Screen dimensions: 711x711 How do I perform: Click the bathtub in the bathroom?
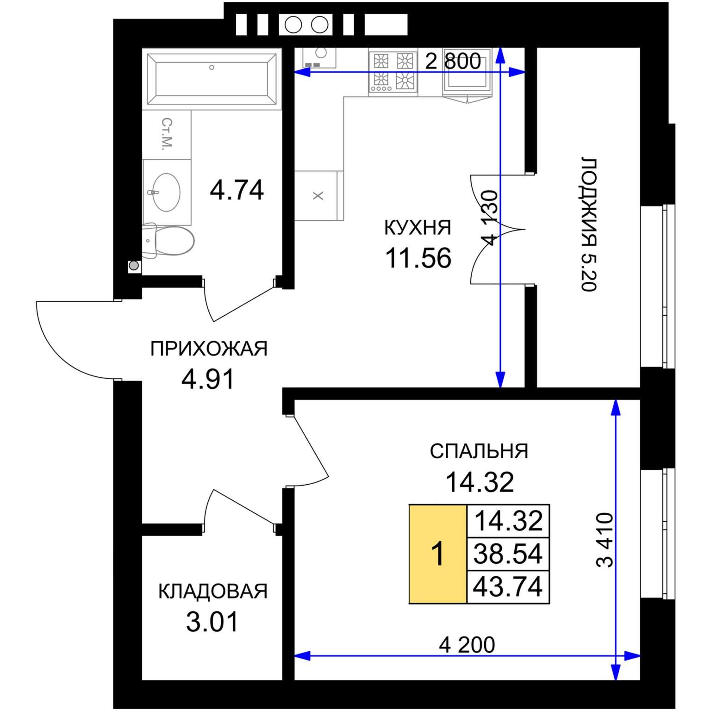coord(212,79)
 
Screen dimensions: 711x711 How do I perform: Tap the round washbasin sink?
coord(166,192)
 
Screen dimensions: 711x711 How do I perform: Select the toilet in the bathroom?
coord(168,240)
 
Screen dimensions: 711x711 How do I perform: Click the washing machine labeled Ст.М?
coord(167,134)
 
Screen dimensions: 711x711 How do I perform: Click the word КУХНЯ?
coord(418,228)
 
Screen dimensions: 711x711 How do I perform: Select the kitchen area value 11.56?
coord(418,258)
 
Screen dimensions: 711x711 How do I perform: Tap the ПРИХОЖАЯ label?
coord(209,349)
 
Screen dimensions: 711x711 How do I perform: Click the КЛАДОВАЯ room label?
coord(213,591)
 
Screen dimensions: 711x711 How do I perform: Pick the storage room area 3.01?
coord(212,622)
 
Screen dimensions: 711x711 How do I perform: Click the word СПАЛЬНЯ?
coord(479,451)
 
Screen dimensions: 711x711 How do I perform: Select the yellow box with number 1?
coord(438,554)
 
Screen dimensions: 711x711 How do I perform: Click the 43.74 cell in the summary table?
coord(508,587)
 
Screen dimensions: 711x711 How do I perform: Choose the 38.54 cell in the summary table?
coord(508,554)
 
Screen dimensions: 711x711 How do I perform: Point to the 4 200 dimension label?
coord(467,644)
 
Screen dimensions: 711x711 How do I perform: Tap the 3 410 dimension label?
coord(605,540)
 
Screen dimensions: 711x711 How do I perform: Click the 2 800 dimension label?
coord(453,61)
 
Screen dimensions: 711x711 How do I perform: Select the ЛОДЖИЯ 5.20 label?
coord(589,225)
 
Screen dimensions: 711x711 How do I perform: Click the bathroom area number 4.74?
coord(237,190)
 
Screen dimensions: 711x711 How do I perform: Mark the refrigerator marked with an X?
coord(318,195)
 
